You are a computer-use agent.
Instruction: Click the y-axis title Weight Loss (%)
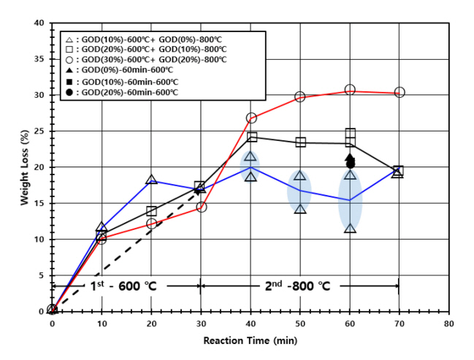pos(24,166)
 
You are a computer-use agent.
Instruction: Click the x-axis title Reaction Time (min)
pos(250,341)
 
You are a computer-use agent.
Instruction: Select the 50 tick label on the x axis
pos(300,322)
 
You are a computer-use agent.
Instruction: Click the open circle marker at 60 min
pos(350,90)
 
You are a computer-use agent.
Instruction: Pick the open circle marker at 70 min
pos(400,93)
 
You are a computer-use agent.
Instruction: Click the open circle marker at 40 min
pos(251,118)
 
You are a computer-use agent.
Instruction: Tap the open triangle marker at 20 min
pos(151,180)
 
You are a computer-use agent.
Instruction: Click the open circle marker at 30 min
pos(202,207)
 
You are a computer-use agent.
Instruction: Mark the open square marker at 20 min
pos(151,211)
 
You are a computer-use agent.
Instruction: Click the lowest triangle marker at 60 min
pos(350,229)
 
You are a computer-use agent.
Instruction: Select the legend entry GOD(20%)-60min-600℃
pos(128,93)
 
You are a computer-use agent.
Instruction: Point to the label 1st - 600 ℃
pos(120,286)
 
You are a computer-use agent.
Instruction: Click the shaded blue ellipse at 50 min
pos(299,193)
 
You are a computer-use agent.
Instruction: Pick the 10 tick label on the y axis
pos(41,239)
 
